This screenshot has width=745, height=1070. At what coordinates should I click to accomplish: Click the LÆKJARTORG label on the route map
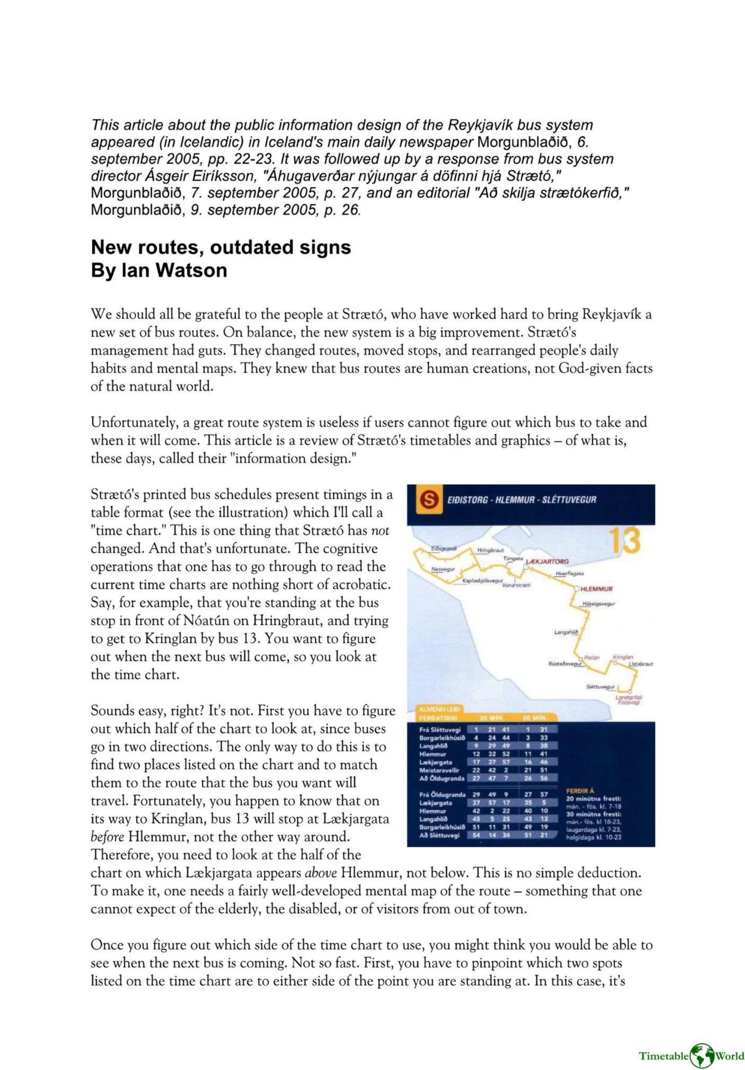click(547, 563)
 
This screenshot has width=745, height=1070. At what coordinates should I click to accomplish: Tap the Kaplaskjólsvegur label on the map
click(483, 581)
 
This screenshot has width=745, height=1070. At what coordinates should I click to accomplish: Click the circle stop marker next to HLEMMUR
click(577, 588)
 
